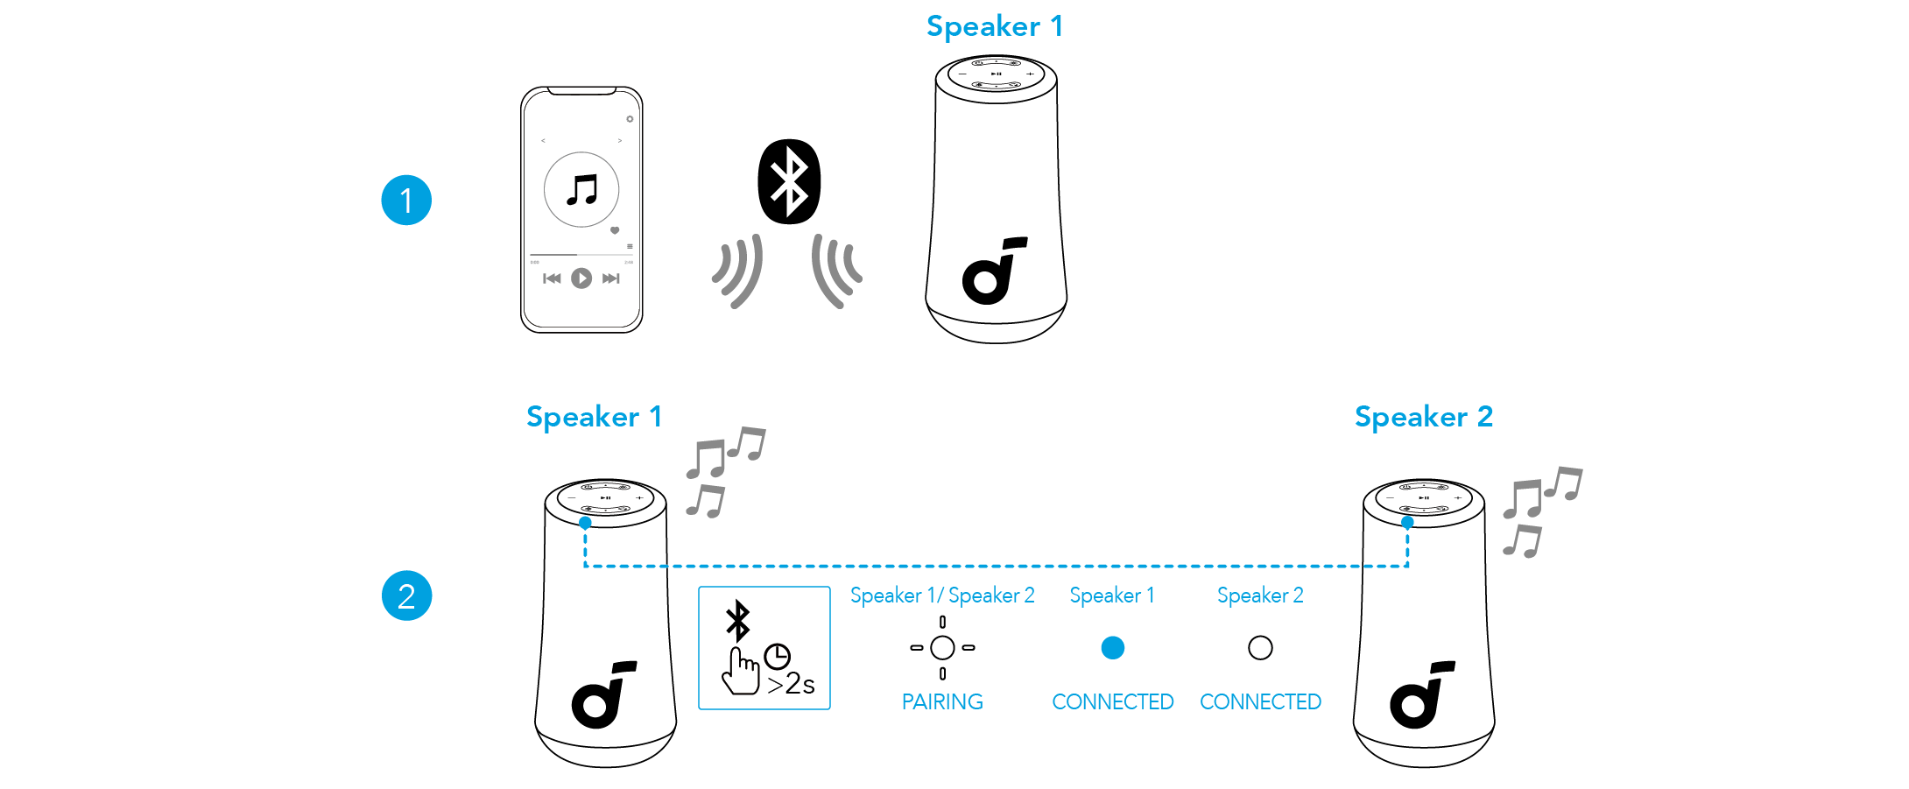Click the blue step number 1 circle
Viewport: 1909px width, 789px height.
pos(406,201)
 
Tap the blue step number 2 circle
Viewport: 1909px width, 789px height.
pos(406,595)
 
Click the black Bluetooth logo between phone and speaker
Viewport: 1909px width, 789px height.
pos(789,181)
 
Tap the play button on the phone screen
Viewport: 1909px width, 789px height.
pos(581,278)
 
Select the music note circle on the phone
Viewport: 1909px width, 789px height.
pos(581,189)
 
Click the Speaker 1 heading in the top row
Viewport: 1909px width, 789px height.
pos(995,26)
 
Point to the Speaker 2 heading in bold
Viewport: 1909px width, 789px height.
pos(1424,417)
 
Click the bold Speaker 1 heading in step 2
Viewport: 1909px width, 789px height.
pos(594,417)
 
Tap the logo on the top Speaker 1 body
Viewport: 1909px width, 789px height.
pos(994,271)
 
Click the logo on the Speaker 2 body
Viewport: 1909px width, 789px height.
pos(1422,694)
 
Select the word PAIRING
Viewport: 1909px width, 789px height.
pos(942,701)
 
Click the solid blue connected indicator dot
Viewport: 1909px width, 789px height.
pos(1113,648)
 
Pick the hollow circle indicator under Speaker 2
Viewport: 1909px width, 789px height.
pos(1260,648)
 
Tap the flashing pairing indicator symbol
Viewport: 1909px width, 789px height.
pos(942,648)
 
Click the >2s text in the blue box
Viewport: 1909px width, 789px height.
pos(791,684)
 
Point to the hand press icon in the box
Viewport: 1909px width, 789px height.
pos(741,671)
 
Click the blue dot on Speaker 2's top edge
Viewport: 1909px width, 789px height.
pos(1407,523)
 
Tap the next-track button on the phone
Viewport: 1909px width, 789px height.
pos(611,278)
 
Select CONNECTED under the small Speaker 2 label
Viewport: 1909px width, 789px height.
pos(1260,701)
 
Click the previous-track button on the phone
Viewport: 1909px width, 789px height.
pos(552,278)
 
